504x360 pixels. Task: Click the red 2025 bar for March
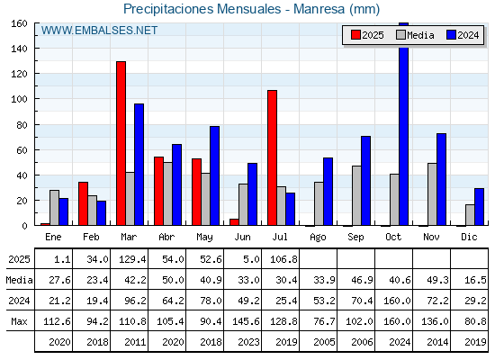[121, 143]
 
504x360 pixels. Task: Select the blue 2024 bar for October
[404, 124]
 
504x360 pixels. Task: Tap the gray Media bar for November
[432, 194]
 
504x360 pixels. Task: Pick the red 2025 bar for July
[272, 157]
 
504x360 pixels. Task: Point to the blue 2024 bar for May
[215, 175]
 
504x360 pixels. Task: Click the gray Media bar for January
[54, 208]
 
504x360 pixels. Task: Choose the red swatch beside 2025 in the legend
[355, 35]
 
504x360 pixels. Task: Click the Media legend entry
[415, 35]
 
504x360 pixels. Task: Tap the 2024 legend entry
[463, 35]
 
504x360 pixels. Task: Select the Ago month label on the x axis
[318, 238]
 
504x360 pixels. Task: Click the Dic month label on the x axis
[469, 237]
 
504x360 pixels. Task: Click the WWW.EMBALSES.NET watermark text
[99, 31]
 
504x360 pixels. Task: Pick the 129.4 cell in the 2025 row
[132, 259]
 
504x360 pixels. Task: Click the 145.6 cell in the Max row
[246, 321]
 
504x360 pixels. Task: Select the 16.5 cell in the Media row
[475, 280]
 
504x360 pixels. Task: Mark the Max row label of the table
[19, 321]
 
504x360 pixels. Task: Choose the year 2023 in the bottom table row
[248, 342]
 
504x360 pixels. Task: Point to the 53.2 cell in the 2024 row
[324, 301]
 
